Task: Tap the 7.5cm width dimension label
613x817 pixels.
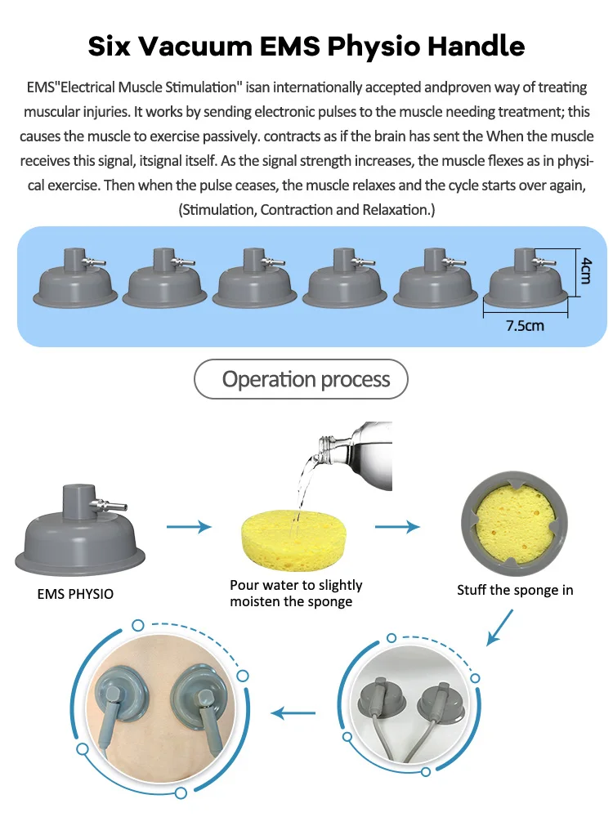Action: coord(525,324)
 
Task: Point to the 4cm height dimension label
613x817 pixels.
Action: coord(585,269)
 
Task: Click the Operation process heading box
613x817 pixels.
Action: coord(300,379)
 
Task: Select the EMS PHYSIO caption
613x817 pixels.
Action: coord(76,594)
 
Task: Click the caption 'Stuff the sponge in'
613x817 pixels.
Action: coord(515,589)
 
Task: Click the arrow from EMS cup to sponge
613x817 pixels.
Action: coord(189,527)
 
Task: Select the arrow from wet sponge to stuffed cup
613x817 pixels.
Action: coord(397,527)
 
